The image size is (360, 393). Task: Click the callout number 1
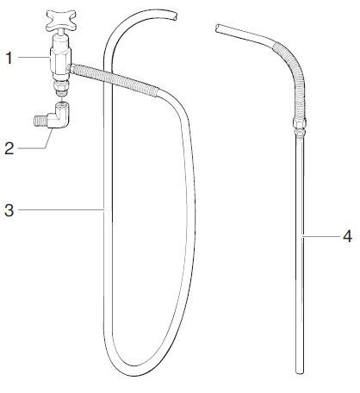pos(9,58)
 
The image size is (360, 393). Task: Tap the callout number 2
pos(9,148)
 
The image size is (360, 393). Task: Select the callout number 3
pos(9,209)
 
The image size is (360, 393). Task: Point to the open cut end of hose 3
pos(176,14)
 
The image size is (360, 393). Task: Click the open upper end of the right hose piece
pos(218,29)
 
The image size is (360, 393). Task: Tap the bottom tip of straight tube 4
pos(300,370)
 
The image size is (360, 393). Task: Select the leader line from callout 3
pos(59,209)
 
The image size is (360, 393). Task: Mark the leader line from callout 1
pos(34,58)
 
